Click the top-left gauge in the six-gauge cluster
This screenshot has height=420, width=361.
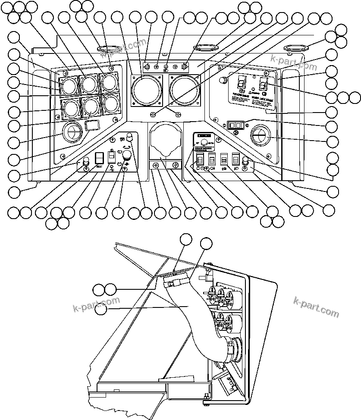(x=68, y=85)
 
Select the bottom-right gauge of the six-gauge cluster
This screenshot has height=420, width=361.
(x=110, y=104)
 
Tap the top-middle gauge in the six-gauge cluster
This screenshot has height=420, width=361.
(x=89, y=83)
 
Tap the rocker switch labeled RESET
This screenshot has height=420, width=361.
(x=100, y=158)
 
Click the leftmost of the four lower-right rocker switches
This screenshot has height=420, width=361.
(x=200, y=159)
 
